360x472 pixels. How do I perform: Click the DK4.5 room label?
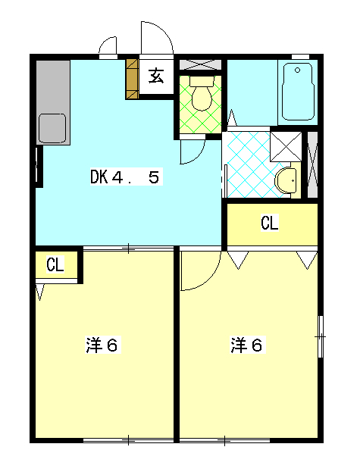[127, 177]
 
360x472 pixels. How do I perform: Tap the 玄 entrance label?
[156, 76]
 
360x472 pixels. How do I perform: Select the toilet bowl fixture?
[202, 93]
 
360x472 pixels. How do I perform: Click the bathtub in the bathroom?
[298, 92]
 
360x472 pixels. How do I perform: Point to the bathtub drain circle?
[297, 70]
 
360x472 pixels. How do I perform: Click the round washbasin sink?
[286, 180]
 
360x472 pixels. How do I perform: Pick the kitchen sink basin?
[52, 129]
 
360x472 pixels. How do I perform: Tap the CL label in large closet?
[270, 223]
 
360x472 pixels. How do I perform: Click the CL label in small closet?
[55, 264]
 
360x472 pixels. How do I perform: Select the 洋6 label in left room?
[103, 345]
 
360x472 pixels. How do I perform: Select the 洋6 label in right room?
[248, 345]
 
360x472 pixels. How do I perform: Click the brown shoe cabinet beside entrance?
[132, 79]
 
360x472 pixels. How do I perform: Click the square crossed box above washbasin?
[286, 146]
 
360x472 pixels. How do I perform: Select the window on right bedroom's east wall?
[321, 336]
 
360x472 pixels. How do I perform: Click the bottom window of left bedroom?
[129, 440]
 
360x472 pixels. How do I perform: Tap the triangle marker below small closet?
[39, 292]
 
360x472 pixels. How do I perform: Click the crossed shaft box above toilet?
[201, 64]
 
